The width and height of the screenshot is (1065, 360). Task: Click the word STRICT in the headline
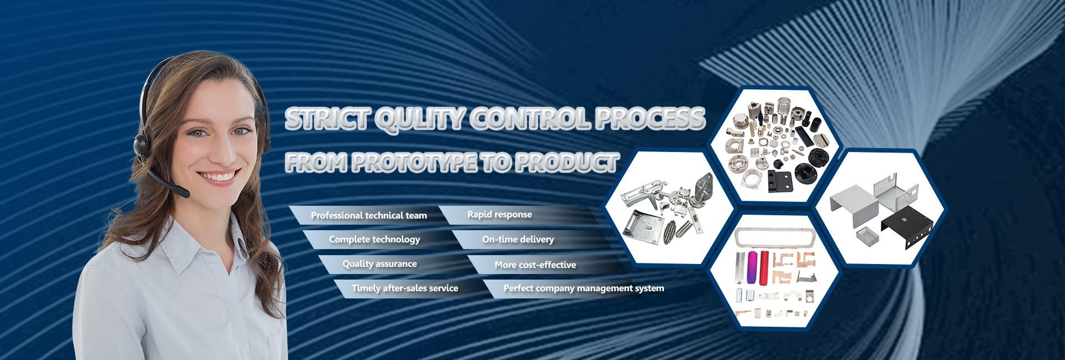[x=324, y=120]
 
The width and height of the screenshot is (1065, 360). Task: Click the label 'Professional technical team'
[x=369, y=215]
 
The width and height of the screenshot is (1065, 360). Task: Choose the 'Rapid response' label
[x=499, y=215]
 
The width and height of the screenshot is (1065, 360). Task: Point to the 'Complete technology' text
[x=374, y=240]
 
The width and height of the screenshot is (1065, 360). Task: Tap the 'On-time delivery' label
[x=518, y=240]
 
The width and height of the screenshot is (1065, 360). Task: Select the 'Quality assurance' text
[x=379, y=264]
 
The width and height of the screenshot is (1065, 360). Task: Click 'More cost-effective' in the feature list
[x=535, y=265]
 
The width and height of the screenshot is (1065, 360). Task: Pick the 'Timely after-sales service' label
[x=405, y=288]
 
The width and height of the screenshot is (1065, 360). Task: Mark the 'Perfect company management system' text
[x=584, y=288]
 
